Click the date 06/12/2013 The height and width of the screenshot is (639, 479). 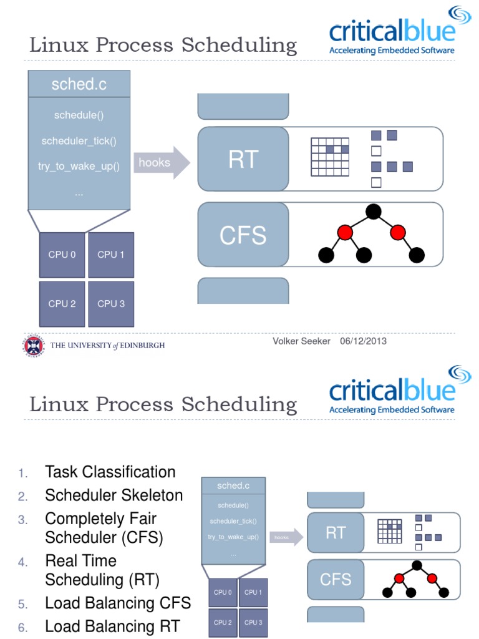pyautogui.click(x=363, y=341)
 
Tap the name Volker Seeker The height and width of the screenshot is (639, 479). pyautogui.click(x=301, y=341)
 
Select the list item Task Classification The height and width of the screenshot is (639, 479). pyautogui.click(x=110, y=472)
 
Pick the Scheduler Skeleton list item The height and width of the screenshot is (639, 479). pyautogui.click(x=114, y=495)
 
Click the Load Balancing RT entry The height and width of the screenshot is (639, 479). pyautogui.click(x=112, y=627)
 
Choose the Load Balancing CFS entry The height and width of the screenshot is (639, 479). pyautogui.click(x=117, y=603)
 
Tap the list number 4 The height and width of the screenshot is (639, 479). pyautogui.click(x=23, y=562)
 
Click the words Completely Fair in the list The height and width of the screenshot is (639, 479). pyautogui.click(x=100, y=519)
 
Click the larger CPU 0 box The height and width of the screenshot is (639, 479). pyautogui.click(x=62, y=255)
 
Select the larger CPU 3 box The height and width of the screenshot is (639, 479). pyautogui.click(x=111, y=304)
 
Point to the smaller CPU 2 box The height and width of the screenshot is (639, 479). pyautogui.click(x=223, y=622)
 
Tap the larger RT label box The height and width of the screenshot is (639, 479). pyautogui.click(x=243, y=159)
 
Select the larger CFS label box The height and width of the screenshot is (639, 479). pyautogui.click(x=243, y=235)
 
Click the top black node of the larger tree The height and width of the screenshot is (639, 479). pyautogui.click(x=373, y=212)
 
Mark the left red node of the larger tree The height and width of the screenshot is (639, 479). pyautogui.click(x=345, y=233)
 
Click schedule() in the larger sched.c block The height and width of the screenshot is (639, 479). pyautogui.click(x=79, y=115)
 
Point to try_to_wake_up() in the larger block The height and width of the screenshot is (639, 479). pyautogui.click(x=80, y=167)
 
